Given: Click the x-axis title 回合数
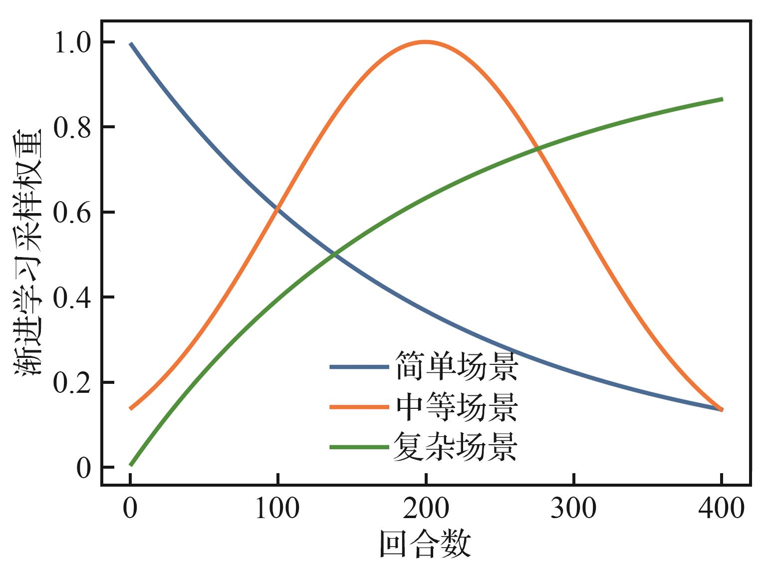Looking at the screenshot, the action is [425, 545].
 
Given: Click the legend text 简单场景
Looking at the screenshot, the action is [456, 366].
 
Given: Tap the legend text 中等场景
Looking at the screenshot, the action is [456, 406].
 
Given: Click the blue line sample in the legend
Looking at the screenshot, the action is [359, 367].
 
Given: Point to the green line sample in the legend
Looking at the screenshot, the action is [359, 447].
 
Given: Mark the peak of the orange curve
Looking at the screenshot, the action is [425, 42].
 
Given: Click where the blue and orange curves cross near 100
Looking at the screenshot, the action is [277, 209].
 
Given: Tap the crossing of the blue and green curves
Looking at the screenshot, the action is [334, 255].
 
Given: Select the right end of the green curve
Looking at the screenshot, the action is [722, 99].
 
